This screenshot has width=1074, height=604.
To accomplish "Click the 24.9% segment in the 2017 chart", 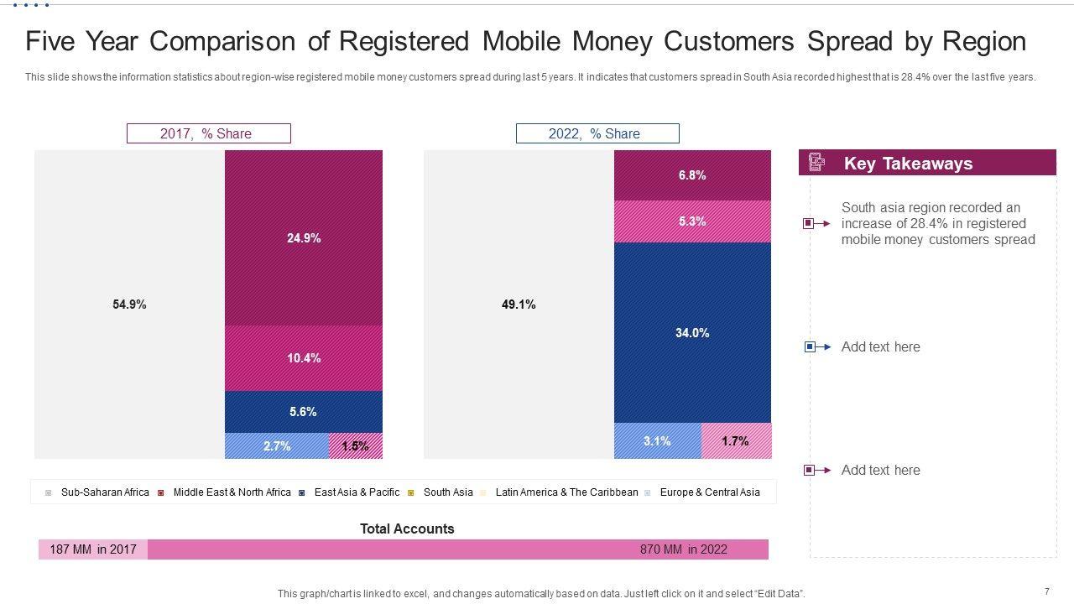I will coord(303,237).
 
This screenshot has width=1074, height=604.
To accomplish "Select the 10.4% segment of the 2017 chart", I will coord(303,358).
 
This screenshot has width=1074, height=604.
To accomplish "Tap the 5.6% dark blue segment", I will coord(303,412).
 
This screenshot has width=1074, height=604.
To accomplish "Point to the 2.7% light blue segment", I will coord(276,446).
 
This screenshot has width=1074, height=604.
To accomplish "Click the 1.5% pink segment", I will coord(355,446).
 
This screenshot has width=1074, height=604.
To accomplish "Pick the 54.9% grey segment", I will coord(129,305).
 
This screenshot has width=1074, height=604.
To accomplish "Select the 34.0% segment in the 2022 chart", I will coord(692,333).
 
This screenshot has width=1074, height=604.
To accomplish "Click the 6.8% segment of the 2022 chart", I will coord(692,175).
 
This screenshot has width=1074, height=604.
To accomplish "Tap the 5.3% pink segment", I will coord(692,221).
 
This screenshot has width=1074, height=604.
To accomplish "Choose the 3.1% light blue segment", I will coord(657,441).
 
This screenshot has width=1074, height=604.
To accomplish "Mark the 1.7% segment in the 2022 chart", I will coord(735,441).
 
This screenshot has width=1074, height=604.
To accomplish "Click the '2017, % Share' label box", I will coord(208,133).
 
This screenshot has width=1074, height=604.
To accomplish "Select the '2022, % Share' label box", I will coord(597,133).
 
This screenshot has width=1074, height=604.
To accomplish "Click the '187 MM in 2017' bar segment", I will coord(93,549).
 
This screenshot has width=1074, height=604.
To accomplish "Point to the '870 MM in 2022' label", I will coord(683,549).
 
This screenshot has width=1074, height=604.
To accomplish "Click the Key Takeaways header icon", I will coord(816,163).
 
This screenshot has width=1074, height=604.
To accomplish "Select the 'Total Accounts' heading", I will coord(407,528).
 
